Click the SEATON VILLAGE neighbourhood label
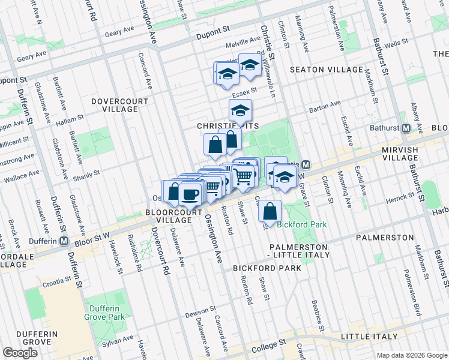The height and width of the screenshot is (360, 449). click(x=326, y=70)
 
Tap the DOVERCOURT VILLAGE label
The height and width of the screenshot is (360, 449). click(x=119, y=106)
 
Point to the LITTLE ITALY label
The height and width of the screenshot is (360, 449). click(x=369, y=337)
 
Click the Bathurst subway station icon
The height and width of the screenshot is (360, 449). click(x=406, y=128)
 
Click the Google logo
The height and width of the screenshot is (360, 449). click(x=20, y=353)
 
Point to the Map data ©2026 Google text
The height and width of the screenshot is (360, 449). click(x=411, y=355)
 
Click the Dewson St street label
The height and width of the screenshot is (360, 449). click(x=200, y=311)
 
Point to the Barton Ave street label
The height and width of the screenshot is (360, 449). click(x=325, y=107)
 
